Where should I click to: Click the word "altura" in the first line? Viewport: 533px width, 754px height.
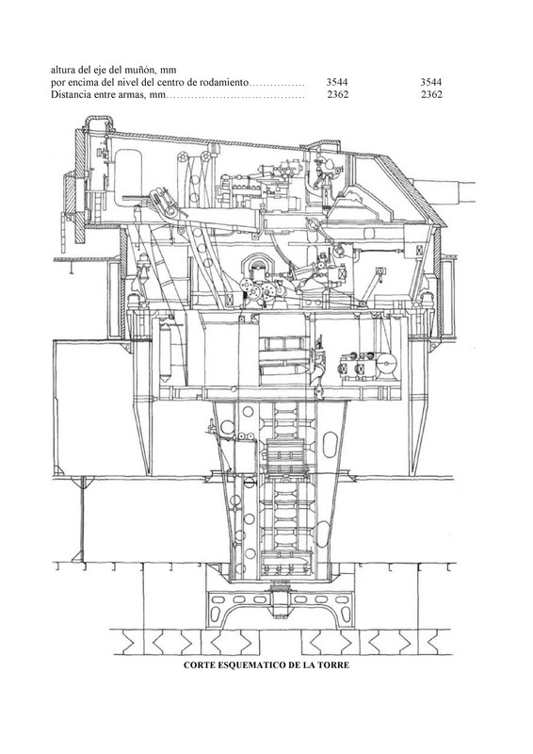[x=61, y=70]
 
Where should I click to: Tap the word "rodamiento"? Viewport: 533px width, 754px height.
[x=228, y=83]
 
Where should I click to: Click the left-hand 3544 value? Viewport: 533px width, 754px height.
[x=337, y=83]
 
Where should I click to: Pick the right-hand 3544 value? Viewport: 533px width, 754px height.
[x=430, y=83]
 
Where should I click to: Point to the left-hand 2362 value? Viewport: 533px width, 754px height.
[x=337, y=95]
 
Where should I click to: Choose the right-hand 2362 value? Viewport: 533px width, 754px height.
[x=431, y=95]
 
